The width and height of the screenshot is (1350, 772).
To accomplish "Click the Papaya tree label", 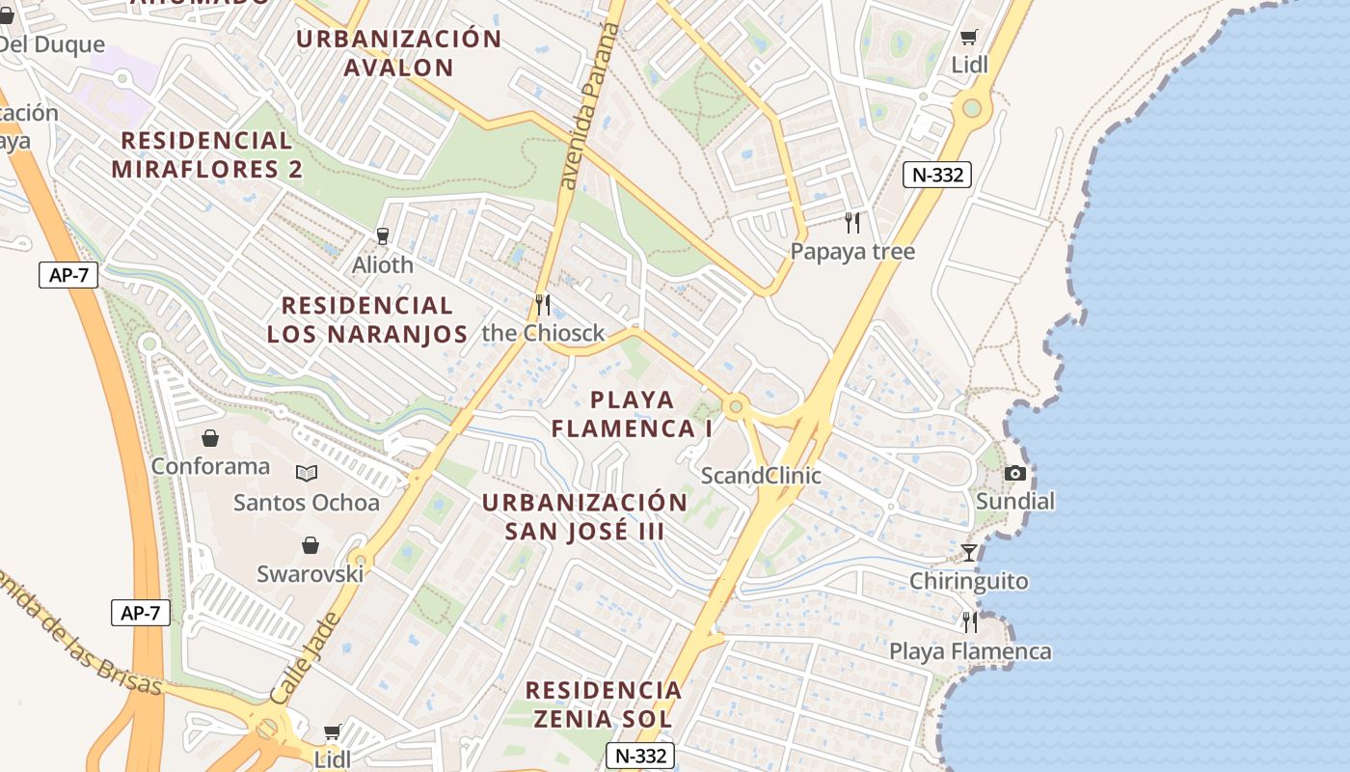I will pos(852,252).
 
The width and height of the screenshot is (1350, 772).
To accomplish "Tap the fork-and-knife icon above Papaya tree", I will pos(852,223).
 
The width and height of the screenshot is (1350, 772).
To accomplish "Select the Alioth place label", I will pos(383,264).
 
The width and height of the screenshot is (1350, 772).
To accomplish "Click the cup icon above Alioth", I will pos(383,235).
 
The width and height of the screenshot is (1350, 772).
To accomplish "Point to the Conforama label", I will pos(210,467).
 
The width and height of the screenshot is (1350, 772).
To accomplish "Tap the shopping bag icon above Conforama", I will pos(210,438).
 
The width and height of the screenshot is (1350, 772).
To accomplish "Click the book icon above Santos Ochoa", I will pos(307,473).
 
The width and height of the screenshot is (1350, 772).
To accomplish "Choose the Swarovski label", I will pos(310,574).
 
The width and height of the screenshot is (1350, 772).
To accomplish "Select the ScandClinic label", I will pos(761,476).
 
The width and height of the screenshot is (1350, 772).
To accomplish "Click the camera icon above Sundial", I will pos(1015,473).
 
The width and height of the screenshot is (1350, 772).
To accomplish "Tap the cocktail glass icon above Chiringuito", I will pos(969,552).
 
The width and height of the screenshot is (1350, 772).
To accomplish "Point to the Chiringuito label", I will pos(969,581).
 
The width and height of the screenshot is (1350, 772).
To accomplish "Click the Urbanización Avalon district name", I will pos(399,53).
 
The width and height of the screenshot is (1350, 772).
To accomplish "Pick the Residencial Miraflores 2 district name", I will pos(206,154).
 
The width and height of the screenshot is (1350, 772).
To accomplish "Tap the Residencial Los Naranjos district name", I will pos(366,320).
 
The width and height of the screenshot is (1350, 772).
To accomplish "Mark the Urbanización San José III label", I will pos(584,516).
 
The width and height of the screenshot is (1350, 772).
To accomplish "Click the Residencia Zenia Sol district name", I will pos(604,704).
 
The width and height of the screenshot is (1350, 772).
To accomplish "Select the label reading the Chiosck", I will pos(543,334).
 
